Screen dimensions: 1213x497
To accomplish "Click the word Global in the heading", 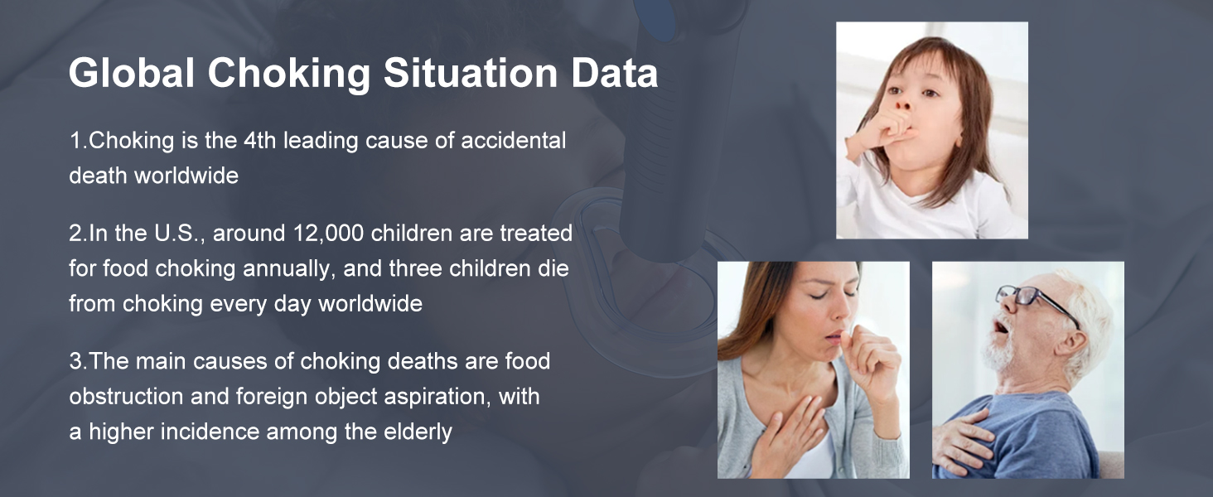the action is (132, 73).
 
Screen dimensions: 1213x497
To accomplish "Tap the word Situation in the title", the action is (471, 73).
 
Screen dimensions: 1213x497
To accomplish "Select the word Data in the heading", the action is (615, 73).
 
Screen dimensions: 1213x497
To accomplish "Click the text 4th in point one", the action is (259, 140).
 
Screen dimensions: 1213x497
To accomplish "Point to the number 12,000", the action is (328, 234).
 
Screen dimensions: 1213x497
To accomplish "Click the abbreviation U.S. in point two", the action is (179, 234).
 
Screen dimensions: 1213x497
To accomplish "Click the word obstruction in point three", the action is (126, 396).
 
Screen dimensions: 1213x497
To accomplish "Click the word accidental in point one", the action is (514, 140).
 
